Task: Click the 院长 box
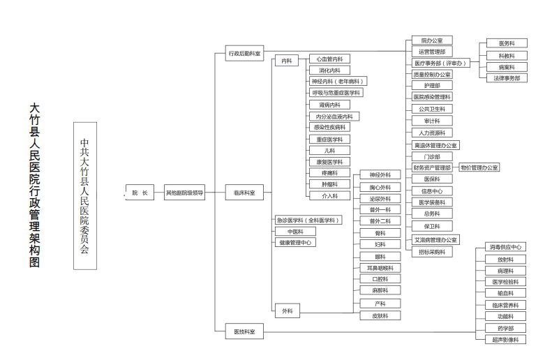click(140, 193)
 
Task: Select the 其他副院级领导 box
click(185, 193)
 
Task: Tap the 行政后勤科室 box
click(244, 53)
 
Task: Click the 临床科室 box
click(244, 193)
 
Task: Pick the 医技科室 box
click(244, 333)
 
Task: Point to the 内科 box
click(287, 61)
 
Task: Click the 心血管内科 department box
click(329, 59)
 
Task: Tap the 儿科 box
click(329, 150)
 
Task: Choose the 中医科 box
click(295, 231)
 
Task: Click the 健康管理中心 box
click(295, 242)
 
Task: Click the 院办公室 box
click(431, 40)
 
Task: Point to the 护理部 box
click(431, 85)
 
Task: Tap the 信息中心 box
click(431, 190)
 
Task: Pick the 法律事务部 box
click(507, 78)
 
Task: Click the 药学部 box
click(506, 328)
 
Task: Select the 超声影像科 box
click(506, 339)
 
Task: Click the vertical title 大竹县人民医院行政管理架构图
click(34, 186)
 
